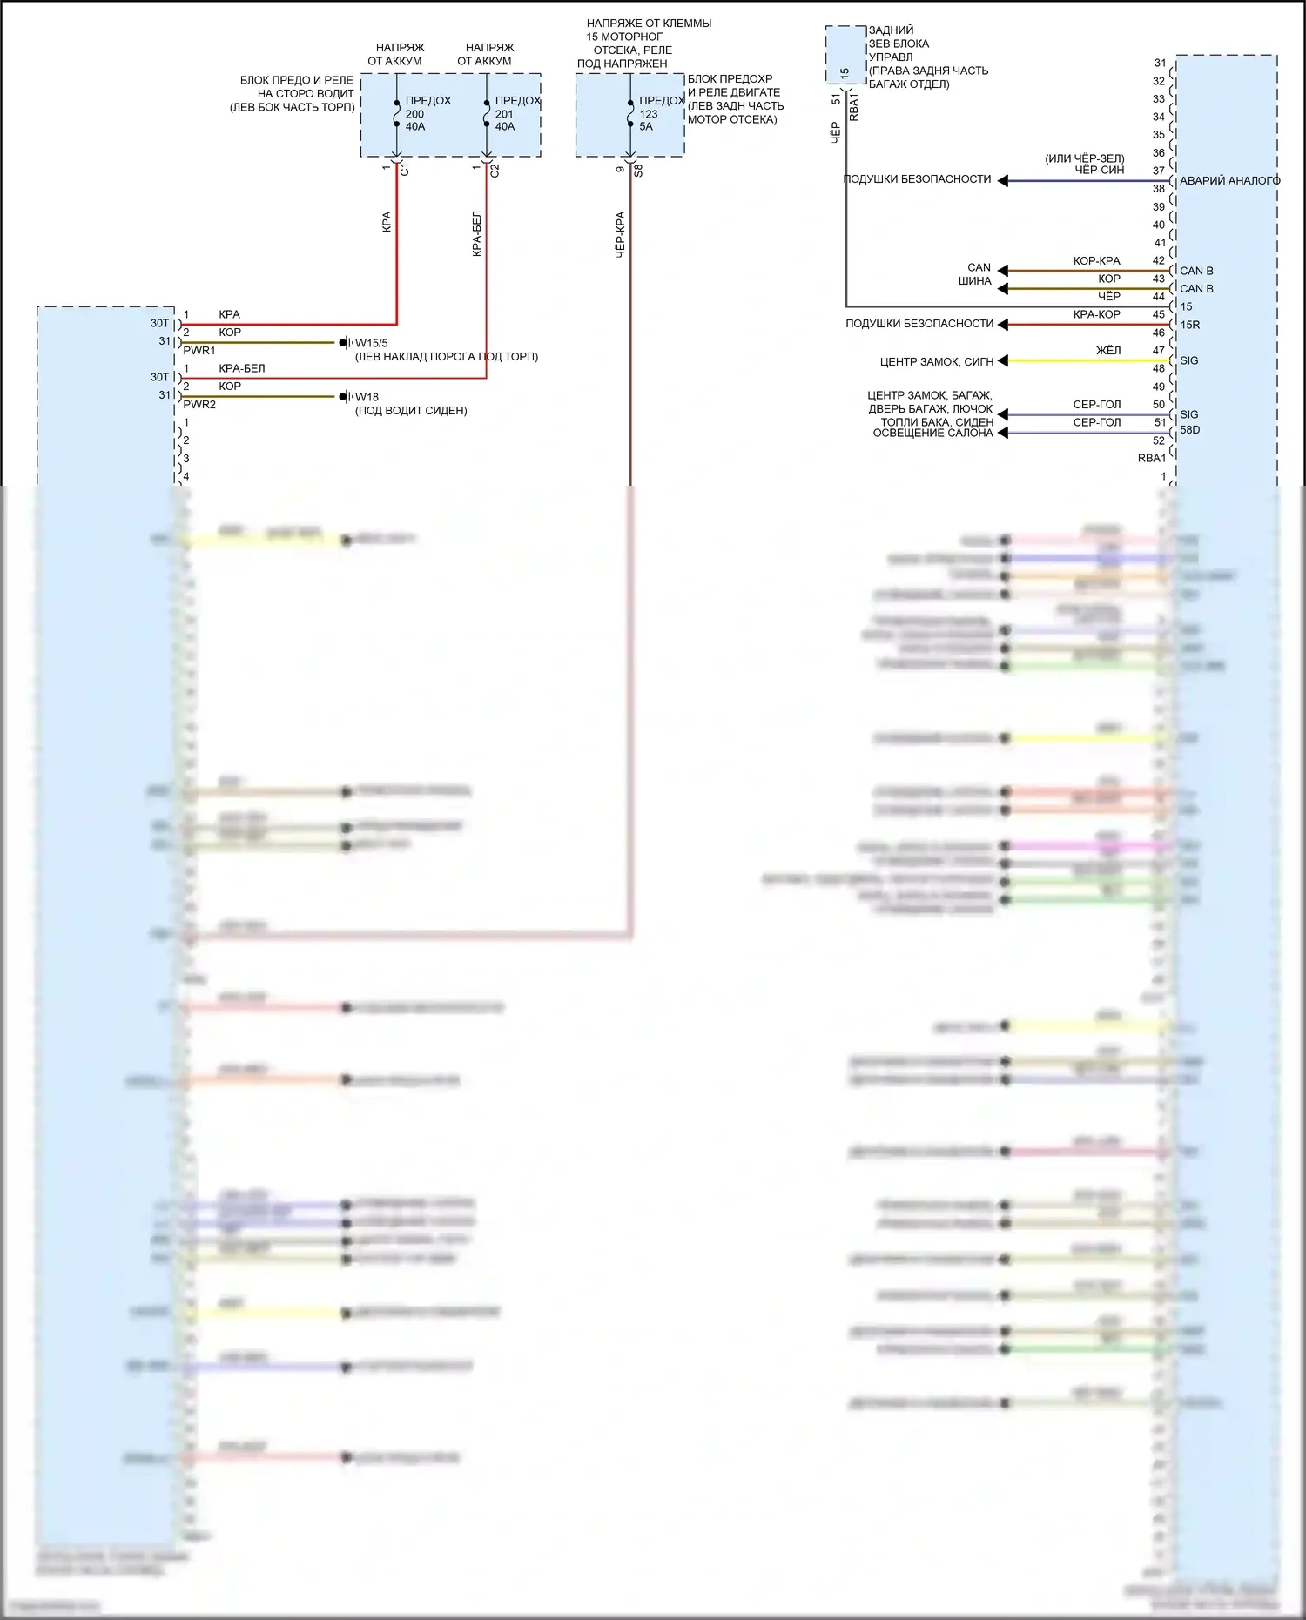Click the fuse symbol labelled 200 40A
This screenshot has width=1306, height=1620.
[397, 113]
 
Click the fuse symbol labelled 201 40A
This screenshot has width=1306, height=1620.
[487, 113]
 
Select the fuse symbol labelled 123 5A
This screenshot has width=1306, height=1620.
[630, 113]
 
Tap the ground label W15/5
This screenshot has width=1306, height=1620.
[371, 343]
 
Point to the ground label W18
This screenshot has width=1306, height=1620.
[367, 397]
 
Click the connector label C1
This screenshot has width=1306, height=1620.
[405, 170]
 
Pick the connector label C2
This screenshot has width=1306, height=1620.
[495, 170]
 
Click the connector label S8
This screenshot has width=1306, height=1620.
[638, 170]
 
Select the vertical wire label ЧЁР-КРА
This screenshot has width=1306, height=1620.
[621, 233]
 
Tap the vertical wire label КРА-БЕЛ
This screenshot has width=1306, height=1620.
[476, 233]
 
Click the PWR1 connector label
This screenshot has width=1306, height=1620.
[199, 351]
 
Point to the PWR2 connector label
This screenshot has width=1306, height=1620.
[199, 405]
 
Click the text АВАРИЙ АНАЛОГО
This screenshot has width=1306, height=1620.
[1229, 181]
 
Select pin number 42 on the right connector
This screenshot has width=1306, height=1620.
[1159, 260]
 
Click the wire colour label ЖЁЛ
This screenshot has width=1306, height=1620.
[1108, 351]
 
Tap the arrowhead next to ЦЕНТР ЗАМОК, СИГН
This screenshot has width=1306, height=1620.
[1003, 360]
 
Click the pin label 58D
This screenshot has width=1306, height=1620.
[1190, 430]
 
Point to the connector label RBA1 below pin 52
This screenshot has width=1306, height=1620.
[1151, 458]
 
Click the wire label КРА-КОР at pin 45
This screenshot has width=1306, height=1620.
[1097, 314]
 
